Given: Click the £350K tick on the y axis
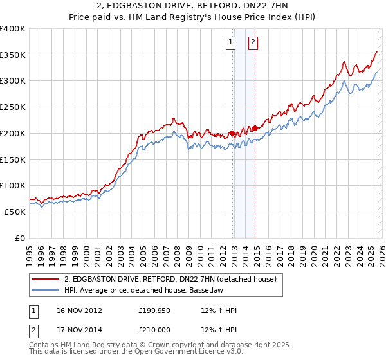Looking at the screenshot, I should (13, 55).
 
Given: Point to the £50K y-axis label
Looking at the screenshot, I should (15, 212).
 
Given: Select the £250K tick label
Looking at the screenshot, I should (13, 107).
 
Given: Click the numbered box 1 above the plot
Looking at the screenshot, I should (230, 43).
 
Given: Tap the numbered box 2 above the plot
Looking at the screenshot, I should (253, 43).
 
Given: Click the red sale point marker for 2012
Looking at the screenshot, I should (232, 134).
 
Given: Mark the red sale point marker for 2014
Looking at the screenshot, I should (255, 128).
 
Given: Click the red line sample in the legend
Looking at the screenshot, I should (46, 279).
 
